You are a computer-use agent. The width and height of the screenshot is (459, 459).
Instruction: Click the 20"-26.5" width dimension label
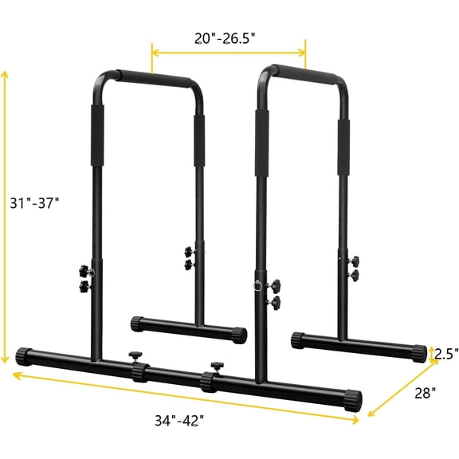tap(229, 37)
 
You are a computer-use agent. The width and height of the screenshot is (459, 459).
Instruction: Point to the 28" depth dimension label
tap(425, 392)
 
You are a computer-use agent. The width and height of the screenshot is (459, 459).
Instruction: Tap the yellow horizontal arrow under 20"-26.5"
tap(229, 53)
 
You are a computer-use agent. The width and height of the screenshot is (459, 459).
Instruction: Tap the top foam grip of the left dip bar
tap(157, 79)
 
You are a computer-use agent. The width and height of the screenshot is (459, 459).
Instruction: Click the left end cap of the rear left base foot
tap(135, 323)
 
